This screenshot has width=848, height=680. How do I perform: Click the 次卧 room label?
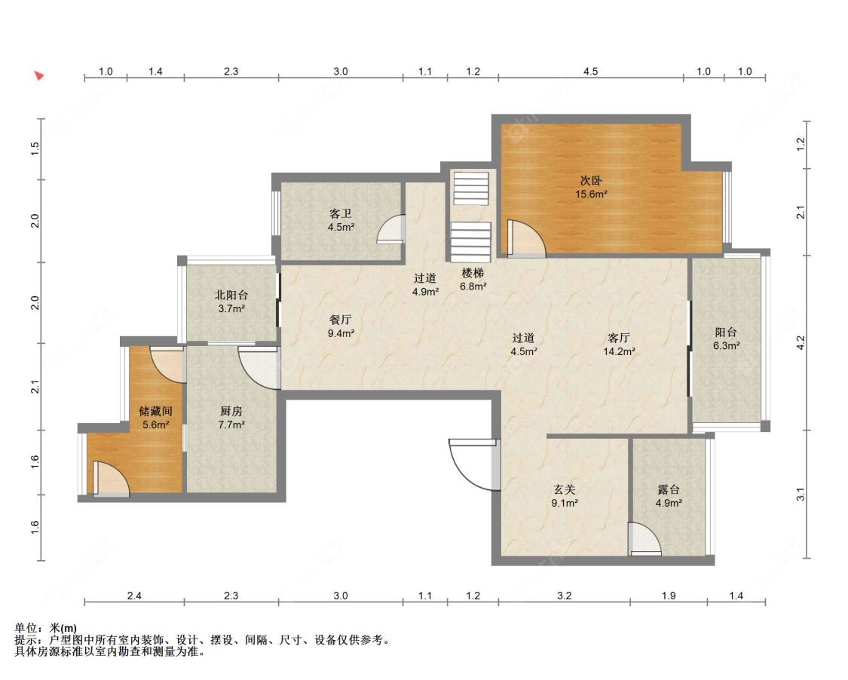[x=590, y=181]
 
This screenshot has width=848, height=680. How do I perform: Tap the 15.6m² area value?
[x=591, y=195]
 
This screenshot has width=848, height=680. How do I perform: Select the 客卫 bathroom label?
[x=341, y=213]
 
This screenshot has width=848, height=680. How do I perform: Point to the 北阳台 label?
[x=231, y=295]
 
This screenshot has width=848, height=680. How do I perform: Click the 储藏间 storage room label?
[x=156, y=411]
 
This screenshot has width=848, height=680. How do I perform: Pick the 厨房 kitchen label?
[x=231, y=411]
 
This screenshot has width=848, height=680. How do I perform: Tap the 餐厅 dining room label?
[x=341, y=320]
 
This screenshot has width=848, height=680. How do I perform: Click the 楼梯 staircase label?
[x=473, y=273]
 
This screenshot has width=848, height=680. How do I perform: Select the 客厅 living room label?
[x=619, y=338]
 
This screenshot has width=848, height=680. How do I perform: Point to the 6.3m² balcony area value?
[x=727, y=346]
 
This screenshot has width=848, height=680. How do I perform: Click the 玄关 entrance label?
[x=565, y=489]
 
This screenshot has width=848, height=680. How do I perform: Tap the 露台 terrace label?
[x=669, y=489]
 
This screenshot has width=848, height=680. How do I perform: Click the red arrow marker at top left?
[x=38, y=75]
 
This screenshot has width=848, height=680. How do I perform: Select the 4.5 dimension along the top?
[x=590, y=72]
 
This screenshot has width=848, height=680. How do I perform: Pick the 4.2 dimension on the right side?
[x=801, y=342]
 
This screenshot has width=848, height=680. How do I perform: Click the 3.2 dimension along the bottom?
[x=564, y=596]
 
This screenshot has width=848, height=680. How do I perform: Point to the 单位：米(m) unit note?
[x=46, y=628]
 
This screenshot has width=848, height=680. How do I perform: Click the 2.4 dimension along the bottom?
[x=134, y=596]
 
